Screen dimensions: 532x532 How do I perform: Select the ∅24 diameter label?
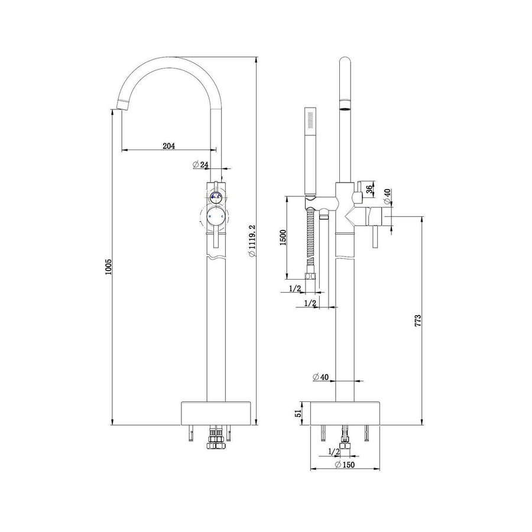click(201, 165)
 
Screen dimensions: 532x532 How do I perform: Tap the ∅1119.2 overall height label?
click(252, 241)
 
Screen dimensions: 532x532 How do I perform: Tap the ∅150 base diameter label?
click(344, 465)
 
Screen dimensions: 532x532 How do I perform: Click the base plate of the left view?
click(215, 413)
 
